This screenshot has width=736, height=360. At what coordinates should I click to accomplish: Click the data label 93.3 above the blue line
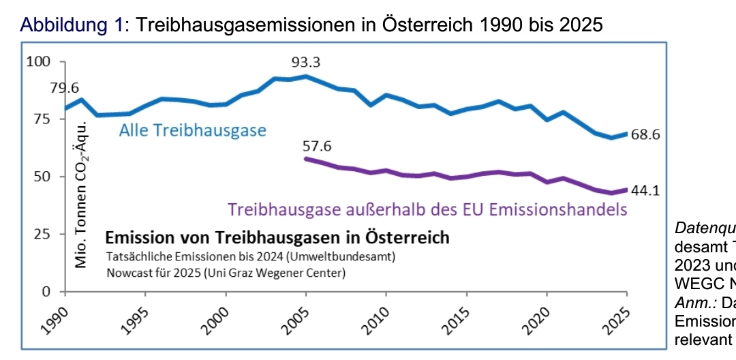pyautogui.click(x=306, y=63)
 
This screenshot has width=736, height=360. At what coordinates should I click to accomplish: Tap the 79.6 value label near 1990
pyautogui.click(x=65, y=88)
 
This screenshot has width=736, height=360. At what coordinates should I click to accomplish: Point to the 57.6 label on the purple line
pyautogui.click(x=317, y=146)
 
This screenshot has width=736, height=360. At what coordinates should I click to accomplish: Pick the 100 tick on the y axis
pyautogui.click(x=39, y=62)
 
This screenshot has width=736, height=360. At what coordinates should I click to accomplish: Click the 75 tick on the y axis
pyautogui.click(x=42, y=119)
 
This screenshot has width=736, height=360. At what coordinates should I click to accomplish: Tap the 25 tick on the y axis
pyautogui.click(x=42, y=234)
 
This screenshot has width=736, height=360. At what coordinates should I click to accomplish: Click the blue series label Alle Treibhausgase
pyautogui.click(x=193, y=130)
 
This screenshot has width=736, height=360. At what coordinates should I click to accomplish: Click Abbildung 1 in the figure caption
pyautogui.click(x=74, y=25)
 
